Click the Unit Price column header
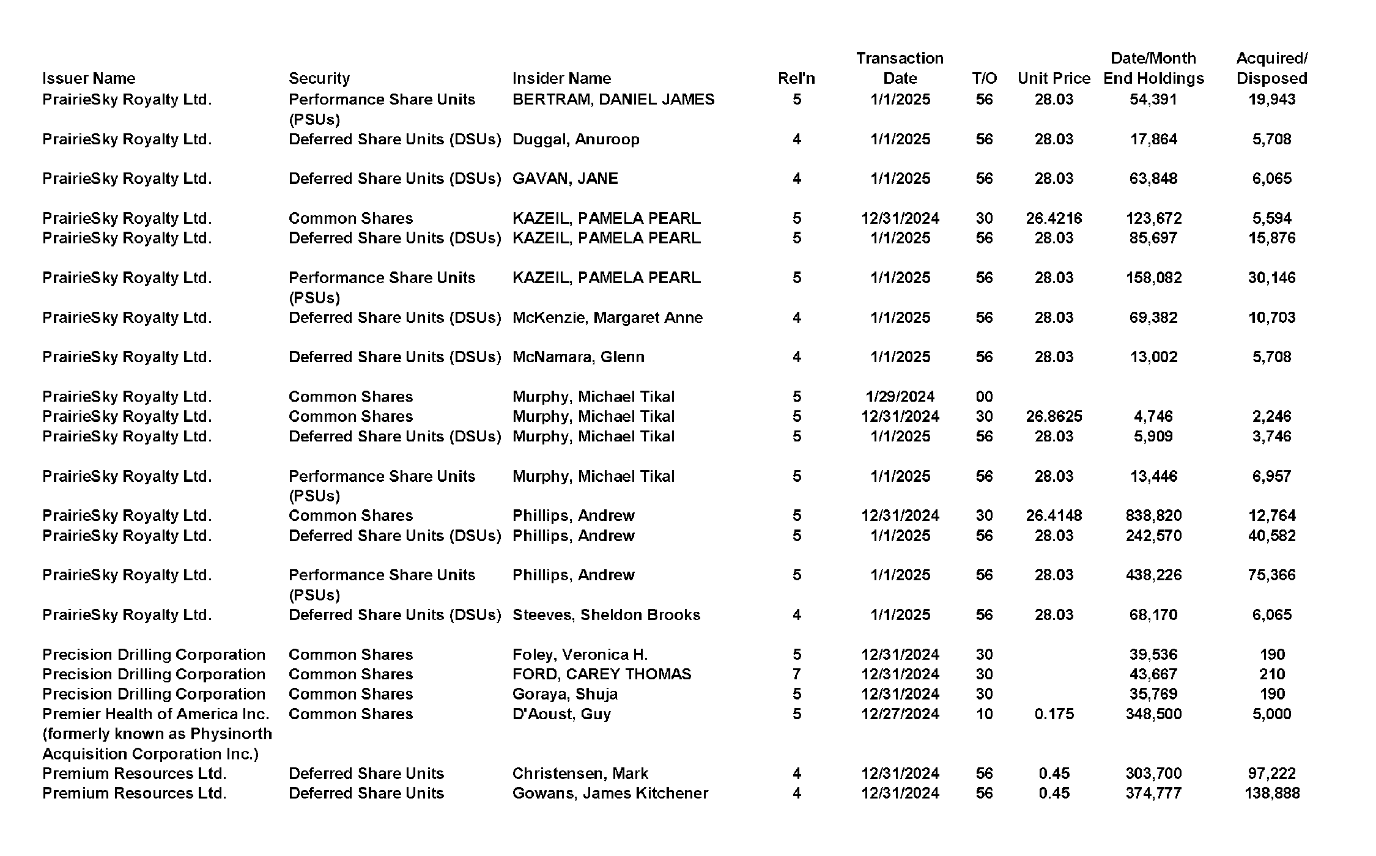(1053, 78)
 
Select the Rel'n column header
(796, 78)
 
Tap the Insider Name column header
(561, 78)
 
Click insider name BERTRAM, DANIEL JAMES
(613, 99)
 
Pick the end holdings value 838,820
(1153, 515)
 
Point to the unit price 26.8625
(1053, 416)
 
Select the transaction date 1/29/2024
(900, 396)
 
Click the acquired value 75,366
(1271, 575)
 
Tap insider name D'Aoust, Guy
(561, 714)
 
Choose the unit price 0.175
(1053, 714)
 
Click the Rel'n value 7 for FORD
(796, 674)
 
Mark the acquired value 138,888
(1271, 793)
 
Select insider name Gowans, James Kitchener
(610, 793)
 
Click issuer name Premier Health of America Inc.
(156, 714)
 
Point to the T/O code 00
(983, 396)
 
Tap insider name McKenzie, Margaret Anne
(607, 317)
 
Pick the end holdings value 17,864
(1153, 139)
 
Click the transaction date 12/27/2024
(900, 714)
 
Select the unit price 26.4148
(1053, 515)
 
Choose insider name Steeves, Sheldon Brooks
(605, 614)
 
